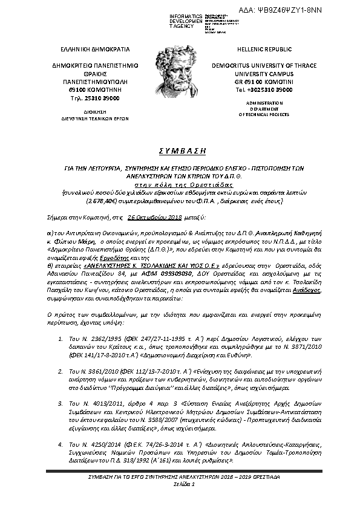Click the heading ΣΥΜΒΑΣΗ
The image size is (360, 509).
pyautogui.click(x=180, y=150)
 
